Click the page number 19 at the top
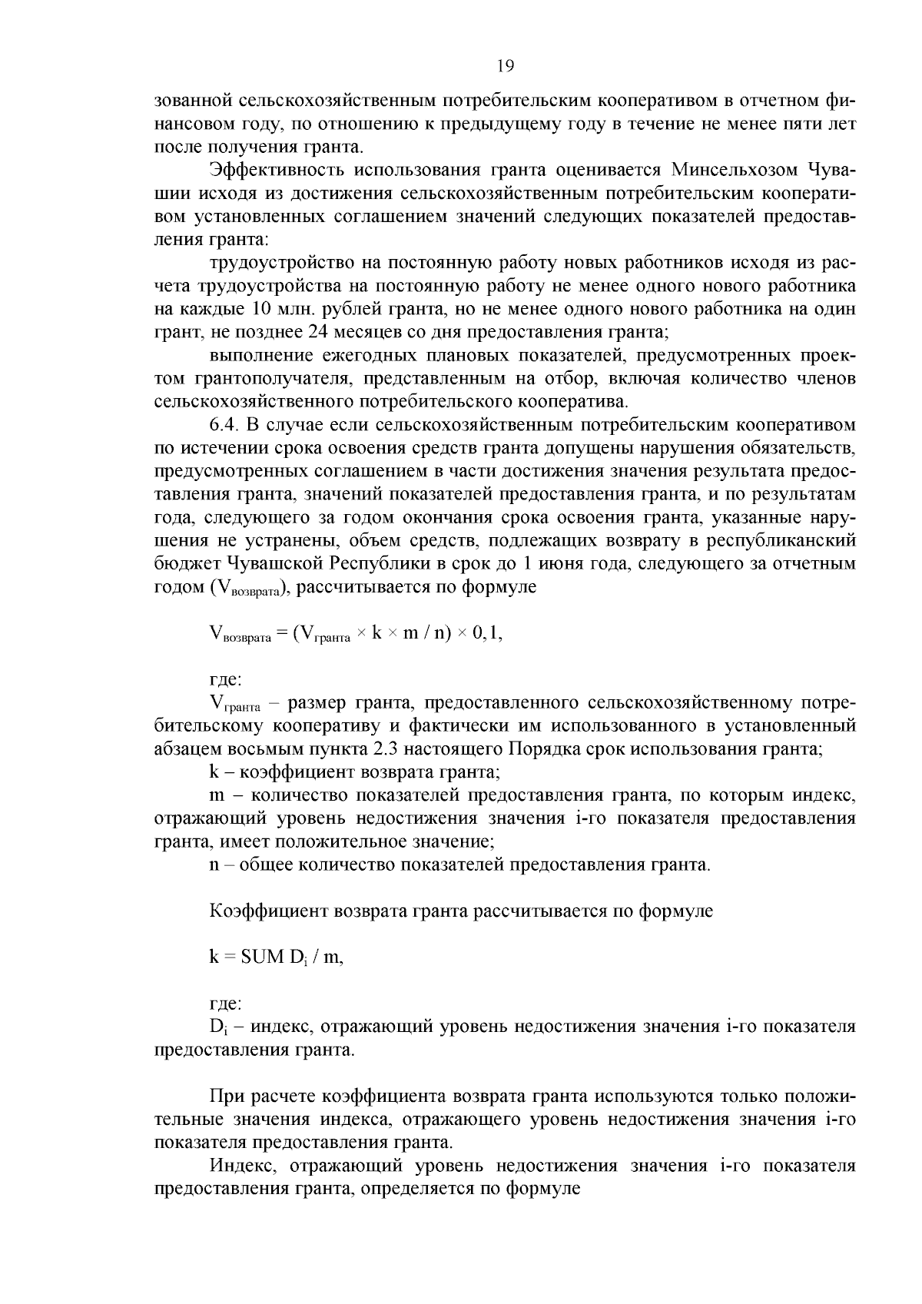[505, 66]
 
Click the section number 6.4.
[225, 424]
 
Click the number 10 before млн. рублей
[260, 310]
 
